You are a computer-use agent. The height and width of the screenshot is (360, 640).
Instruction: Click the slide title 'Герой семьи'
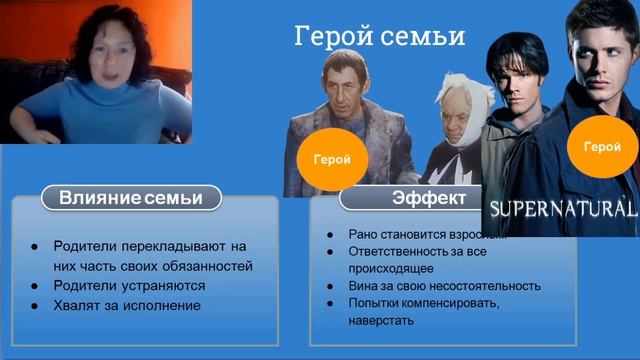(x=379, y=37)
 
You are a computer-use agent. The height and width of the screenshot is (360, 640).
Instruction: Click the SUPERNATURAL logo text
(x=560, y=209)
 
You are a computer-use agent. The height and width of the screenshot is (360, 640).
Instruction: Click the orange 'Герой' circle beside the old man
(x=331, y=158)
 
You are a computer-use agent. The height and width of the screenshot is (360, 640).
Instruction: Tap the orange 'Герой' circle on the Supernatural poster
(x=601, y=146)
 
